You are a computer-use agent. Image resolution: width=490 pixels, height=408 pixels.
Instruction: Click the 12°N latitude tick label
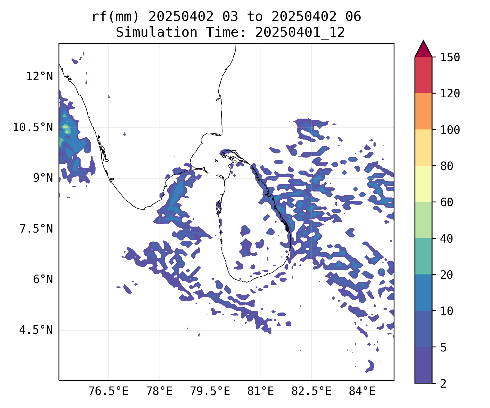[x=39, y=77]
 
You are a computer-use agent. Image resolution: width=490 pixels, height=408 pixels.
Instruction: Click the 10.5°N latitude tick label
[x=33, y=127]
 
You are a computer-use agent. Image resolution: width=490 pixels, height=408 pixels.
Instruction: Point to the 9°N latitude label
[x=43, y=178]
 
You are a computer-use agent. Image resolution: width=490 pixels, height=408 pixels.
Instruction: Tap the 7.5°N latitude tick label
[x=36, y=229]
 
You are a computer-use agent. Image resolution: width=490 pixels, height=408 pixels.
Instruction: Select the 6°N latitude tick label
[x=43, y=280]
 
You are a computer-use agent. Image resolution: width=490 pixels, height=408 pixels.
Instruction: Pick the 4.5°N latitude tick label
[x=36, y=330]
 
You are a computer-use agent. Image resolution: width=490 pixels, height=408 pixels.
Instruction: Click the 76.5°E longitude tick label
[x=108, y=391]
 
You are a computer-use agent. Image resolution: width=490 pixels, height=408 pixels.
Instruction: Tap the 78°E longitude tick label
[x=159, y=391]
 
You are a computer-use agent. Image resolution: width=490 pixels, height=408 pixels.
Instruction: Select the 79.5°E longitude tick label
[x=210, y=391]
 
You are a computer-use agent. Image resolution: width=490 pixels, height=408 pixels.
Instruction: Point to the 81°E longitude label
[x=261, y=391]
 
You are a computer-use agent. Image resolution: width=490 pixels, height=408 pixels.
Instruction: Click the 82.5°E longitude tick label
[x=311, y=391]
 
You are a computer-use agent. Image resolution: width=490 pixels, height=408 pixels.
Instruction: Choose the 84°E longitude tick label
[x=362, y=391]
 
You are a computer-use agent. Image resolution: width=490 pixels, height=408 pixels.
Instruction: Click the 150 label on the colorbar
[x=450, y=57]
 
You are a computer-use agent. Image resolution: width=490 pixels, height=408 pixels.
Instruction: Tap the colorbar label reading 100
[x=450, y=130]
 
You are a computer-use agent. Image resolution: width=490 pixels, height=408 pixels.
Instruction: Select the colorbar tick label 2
[x=443, y=384]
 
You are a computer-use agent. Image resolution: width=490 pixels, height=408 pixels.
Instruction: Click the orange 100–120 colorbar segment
[x=423, y=111]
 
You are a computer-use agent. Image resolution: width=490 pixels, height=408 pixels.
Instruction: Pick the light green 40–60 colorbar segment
[x=423, y=220]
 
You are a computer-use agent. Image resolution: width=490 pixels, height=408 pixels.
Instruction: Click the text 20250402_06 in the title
[x=316, y=17]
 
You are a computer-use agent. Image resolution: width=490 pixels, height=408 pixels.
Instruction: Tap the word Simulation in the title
[x=157, y=33]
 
